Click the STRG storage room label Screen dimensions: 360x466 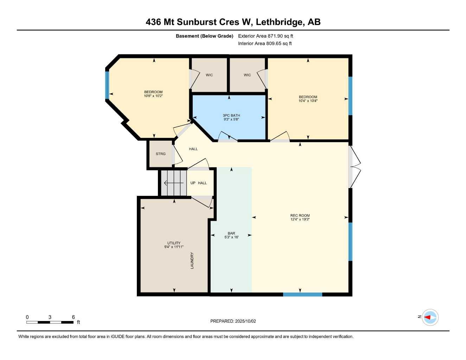tap(160, 154)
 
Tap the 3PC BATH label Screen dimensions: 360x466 tap(231, 115)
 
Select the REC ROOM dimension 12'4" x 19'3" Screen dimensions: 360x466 tap(300, 219)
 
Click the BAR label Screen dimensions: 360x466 tap(231, 233)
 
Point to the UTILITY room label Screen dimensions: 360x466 tap(174, 243)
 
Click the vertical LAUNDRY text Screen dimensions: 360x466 tap(192, 261)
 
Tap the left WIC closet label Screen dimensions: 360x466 tap(209, 75)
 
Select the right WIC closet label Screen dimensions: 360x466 tap(247, 75)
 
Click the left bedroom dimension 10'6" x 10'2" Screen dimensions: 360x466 tap(153, 96)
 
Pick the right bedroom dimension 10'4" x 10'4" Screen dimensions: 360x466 tap(308, 101)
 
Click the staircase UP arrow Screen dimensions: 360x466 tap(173, 183)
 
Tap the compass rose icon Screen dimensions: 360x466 tap(430, 317)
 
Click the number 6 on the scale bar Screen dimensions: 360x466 tap(74, 317)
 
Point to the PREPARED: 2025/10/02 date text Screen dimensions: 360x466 tap(233, 321)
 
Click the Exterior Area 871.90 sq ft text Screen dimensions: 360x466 tap(266, 36)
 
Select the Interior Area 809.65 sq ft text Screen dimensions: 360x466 tap(265, 44)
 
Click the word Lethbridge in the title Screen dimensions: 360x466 tap(279, 22)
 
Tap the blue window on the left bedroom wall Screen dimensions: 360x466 tap(107, 85)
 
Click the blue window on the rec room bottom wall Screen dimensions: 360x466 tap(302, 294)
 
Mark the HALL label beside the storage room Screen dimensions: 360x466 tap(193, 149)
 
